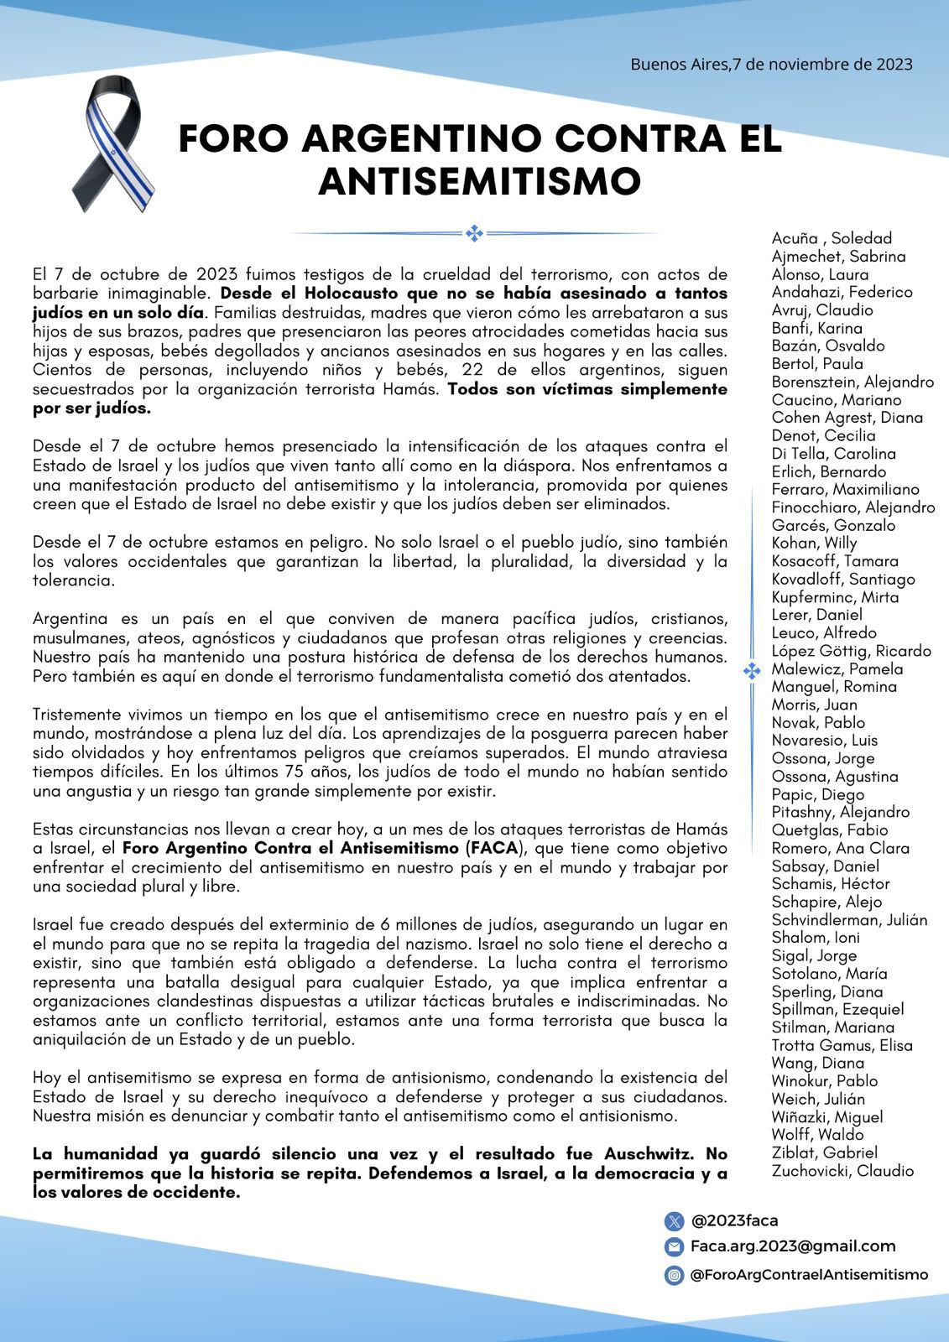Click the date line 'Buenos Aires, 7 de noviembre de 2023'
coord(771,64)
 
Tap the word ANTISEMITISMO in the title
coord(479,181)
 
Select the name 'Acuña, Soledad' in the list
coord(832,238)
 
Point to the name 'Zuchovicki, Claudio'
coord(842,1171)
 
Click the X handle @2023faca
coord(734,1220)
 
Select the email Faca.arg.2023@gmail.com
coord(793,1246)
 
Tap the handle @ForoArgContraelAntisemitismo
coord(809,1274)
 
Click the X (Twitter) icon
coord(674,1221)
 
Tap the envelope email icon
coord(674,1247)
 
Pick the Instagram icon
coord(674,1275)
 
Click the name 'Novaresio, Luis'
coord(824,740)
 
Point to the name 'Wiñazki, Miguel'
coord(826,1116)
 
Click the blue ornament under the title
coord(474,233)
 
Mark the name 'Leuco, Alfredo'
coord(824,632)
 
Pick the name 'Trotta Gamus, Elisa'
coord(842,1045)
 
